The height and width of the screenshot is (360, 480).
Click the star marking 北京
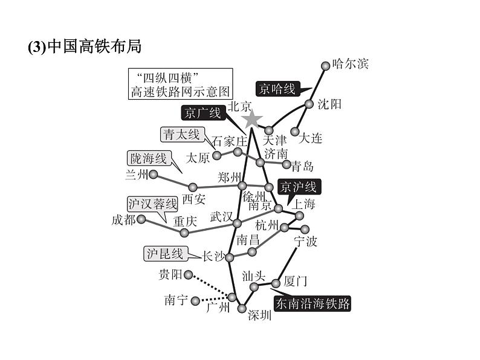[252, 120]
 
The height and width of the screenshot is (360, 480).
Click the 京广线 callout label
[203, 113]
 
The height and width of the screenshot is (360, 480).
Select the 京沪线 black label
[296, 187]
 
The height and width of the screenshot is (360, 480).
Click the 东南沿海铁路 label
[312, 304]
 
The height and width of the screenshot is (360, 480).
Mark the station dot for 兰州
[154, 175]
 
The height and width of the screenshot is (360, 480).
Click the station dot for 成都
[141, 219]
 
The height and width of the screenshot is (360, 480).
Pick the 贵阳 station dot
[188, 275]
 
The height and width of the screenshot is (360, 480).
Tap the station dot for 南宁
[195, 300]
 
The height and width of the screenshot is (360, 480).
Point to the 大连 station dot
[296, 131]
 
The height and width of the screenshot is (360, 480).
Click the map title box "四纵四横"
[180, 84]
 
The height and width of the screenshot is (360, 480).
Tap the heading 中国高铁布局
[88, 47]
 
